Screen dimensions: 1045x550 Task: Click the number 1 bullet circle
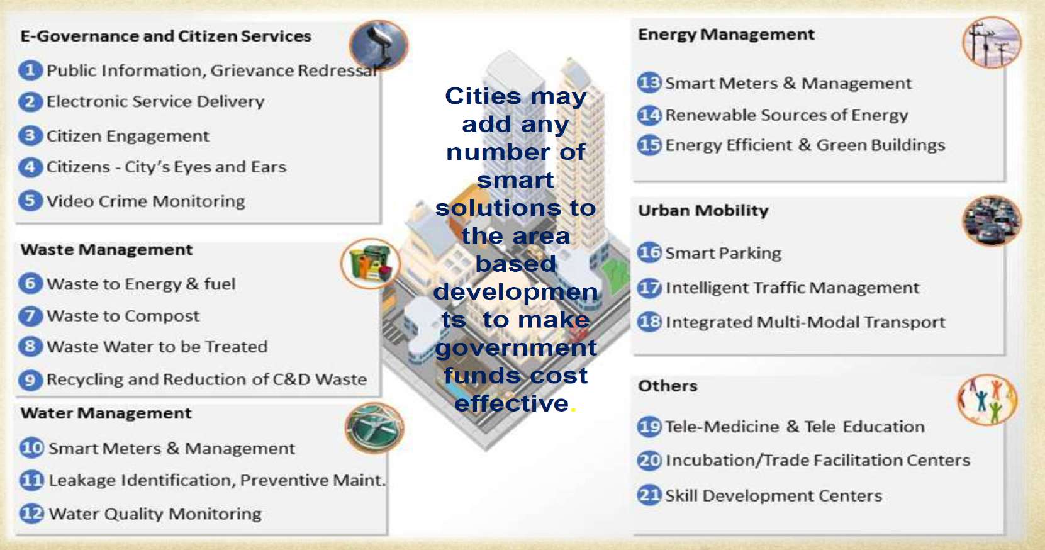click(30, 70)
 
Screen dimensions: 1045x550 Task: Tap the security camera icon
click(379, 45)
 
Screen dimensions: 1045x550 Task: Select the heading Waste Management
click(106, 250)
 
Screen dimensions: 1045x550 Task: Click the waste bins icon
click(371, 264)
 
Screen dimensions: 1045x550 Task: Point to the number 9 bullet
click(30, 379)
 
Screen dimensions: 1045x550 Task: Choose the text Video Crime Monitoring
click(145, 201)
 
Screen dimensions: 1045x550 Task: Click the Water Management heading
click(106, 413)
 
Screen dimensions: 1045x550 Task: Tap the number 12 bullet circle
click(31, 514)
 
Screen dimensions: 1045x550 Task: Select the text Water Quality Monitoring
click(155, 514)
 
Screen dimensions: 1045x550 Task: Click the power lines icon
click(992, 42)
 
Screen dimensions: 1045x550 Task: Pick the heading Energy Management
click(726, 35)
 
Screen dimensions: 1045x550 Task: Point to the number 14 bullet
click(649, 115)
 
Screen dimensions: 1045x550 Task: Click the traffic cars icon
click(992, 221)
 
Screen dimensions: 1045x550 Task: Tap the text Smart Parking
click(723, 254)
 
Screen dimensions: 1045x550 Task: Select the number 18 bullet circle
click(649, 322)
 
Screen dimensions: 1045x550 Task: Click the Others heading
click(668, 386)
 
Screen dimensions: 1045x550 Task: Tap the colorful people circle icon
click(987, 400)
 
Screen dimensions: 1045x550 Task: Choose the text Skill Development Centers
click(773, 495)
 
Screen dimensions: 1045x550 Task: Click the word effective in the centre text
click(511, 403)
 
